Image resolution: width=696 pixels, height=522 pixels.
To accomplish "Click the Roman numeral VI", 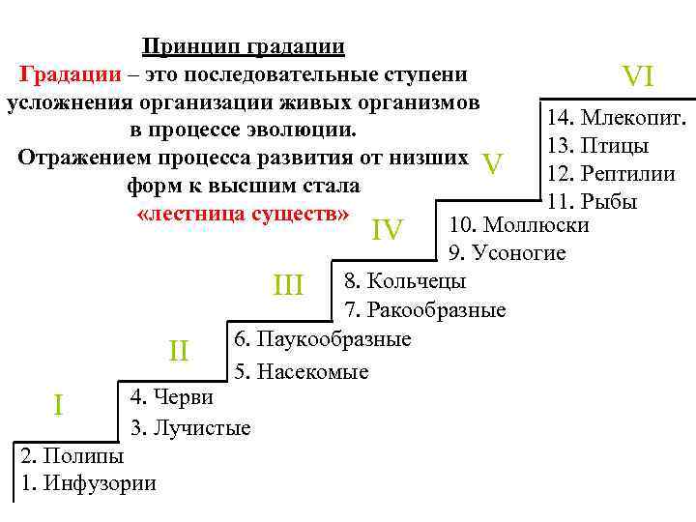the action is point(639,75).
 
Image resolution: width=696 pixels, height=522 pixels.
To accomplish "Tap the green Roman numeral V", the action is point(493,165).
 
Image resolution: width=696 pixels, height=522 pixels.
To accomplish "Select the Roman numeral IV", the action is point(387,229).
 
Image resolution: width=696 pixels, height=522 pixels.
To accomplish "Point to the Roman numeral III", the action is point(289,285).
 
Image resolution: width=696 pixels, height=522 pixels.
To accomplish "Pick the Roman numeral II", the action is point(178,350).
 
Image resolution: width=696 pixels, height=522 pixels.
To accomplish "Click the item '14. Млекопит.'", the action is point(617,119).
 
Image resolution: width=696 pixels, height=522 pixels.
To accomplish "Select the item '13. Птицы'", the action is point(596,147).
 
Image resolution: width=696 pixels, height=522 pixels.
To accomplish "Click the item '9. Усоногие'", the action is point(507,253).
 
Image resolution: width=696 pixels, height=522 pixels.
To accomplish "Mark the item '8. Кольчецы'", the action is point(405,281).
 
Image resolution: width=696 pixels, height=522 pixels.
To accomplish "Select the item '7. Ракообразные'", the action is point(425,310).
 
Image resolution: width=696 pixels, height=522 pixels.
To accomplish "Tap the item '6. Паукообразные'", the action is point(322,339).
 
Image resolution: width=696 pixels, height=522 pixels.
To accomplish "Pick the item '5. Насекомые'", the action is point(301,370).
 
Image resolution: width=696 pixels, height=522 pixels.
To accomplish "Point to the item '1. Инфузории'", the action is point(87,483).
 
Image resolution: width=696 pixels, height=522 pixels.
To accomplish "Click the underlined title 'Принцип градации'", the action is point(243,46).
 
